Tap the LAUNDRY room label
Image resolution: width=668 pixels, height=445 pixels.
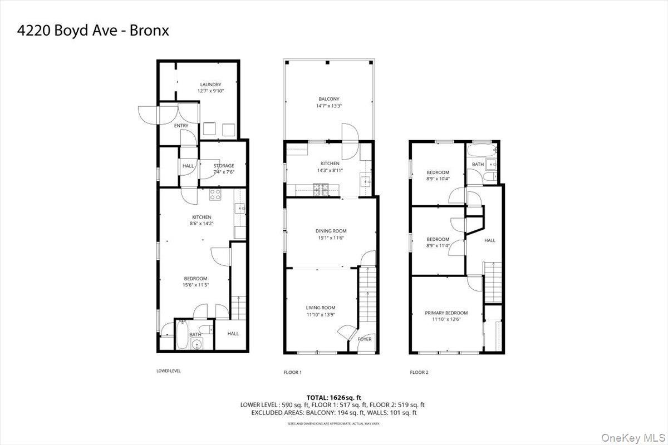(210, 85)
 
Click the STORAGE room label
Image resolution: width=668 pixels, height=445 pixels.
(224, 165)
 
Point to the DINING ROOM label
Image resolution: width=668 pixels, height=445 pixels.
(331, 231)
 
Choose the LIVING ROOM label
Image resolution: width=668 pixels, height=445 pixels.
(321, 308)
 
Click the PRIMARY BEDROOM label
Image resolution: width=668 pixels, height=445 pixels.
(446, 313)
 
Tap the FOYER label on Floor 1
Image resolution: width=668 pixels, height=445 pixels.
(365, 339)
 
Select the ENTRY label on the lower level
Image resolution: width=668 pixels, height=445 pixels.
(181, 126)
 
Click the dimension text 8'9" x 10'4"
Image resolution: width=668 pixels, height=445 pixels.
(438, 179)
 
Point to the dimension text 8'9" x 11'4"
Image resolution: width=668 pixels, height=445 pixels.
(438, 246)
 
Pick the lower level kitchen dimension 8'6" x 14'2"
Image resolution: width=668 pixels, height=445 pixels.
(202, 224)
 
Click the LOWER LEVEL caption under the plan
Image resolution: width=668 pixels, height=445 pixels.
(169, 370)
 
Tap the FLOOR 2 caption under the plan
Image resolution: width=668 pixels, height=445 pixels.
(419, 372)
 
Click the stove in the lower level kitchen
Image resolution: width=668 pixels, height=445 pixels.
(215, 195)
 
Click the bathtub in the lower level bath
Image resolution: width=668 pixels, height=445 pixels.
(183, 334)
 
